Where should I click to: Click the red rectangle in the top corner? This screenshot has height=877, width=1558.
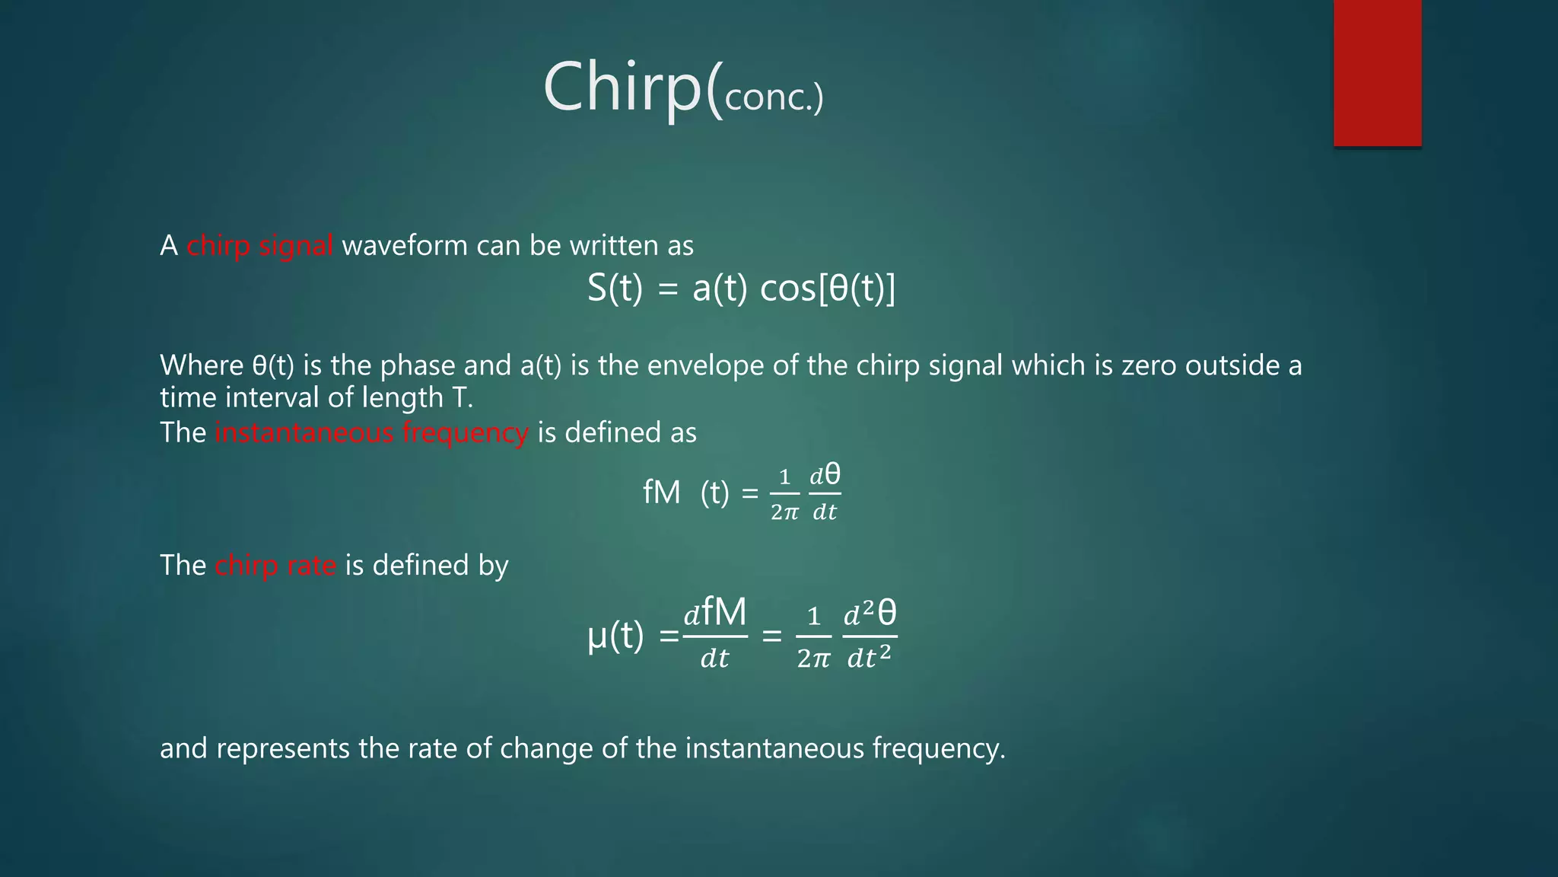pyautogui.click(x=1377, y=73)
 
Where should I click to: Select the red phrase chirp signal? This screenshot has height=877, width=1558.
pyautogui.click(x=259, y=246)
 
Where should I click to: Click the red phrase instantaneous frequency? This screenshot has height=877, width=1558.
pyautogui.click(x=371, y=432)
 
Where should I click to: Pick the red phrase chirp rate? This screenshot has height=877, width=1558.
pyautogui.click(x=275, y=566)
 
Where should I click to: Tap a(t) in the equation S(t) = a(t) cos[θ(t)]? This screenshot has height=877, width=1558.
pyautogui.click(x=720, y=289)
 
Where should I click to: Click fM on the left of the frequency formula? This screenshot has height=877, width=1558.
pyautogui.click(x=661, y=493)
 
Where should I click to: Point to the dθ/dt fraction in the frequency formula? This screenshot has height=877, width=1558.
pyautogui.click(x=825, y=493)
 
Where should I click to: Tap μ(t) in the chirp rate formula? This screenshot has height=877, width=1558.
pyautogui.click(x=615, y=635)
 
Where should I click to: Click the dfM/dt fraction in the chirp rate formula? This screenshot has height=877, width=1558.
pyautogui.click(x=715, y=634)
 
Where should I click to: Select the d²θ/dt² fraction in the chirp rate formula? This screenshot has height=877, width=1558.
pyautogui.click(x=870, y=634)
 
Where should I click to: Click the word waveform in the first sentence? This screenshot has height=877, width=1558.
pyautogui.click(x=405, y=246)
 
